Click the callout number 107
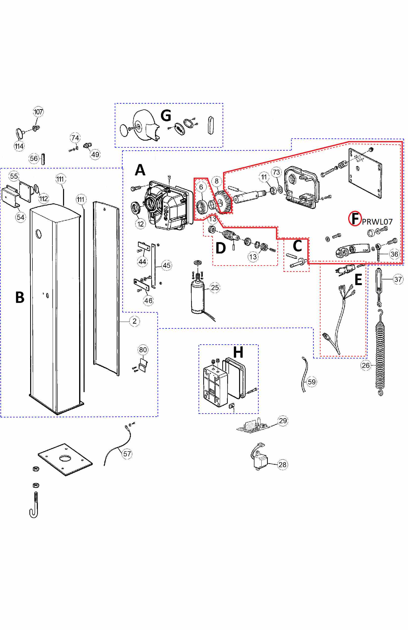click(x=38, y=112)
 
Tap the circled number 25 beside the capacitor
click(x=215, y=288)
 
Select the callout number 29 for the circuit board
click(x=283, y=420)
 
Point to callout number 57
click(x=127, y=454)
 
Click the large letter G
click(x=166, y=115)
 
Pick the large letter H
click(x=238, y=352)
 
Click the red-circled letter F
click(x=355, y=218)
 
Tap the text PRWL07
click(x=377, y=222)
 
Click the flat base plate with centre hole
click(x=65, y=459)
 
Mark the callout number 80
click(x=143, y=350)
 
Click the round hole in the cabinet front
click(x=39, y=234)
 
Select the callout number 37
click(x=398, y=279)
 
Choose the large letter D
click(x=221, y=248)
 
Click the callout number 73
click(x=276, y=172)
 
